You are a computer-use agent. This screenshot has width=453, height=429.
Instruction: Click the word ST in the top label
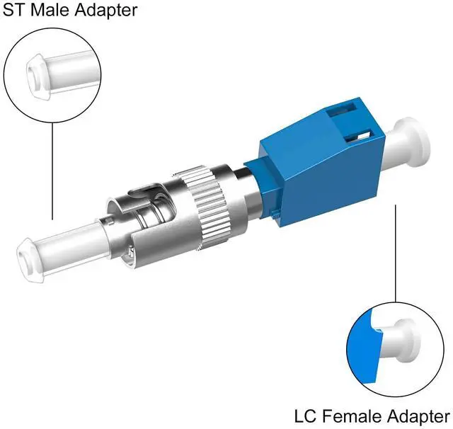[13, 10]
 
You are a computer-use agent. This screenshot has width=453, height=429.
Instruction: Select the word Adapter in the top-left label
[106, 11]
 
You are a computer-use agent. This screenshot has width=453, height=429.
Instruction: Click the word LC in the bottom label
[306, 416]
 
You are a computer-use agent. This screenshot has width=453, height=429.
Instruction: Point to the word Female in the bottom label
[352, 416]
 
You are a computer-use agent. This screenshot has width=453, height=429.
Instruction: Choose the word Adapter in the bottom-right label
[418, 418]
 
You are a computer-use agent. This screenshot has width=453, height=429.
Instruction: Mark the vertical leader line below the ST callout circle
[52, 171]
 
